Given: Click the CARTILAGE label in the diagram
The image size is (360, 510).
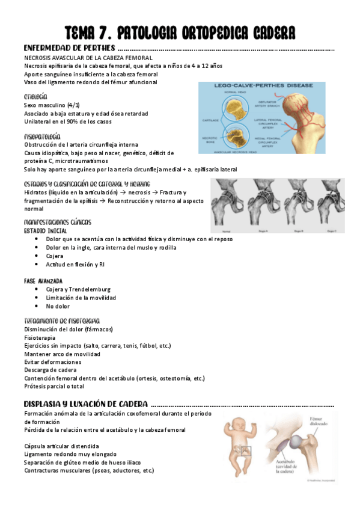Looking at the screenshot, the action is click(x=211, y=118).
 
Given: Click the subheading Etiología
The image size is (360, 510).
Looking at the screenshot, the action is click(x=35, y=96).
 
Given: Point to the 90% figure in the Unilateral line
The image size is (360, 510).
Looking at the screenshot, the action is click(x=69, y=122).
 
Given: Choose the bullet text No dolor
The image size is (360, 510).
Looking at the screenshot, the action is click(x=58, y=306).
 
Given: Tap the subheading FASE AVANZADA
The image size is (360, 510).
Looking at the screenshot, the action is click(x=43, y=280).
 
